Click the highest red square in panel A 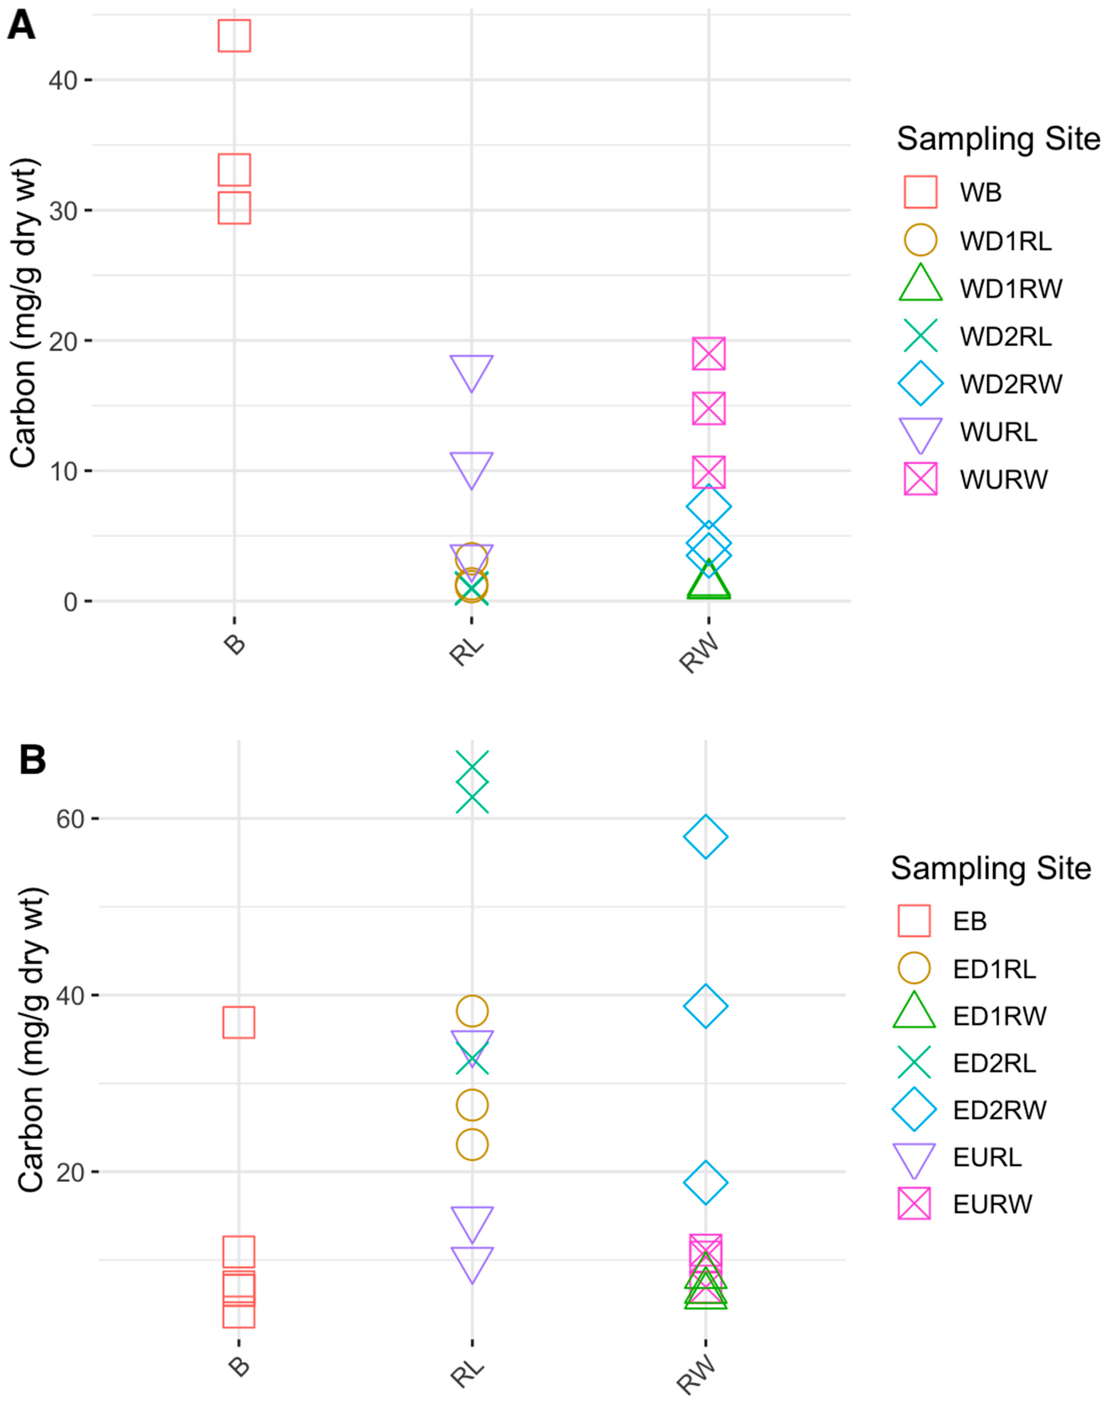click(234, 36)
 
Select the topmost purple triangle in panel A click(472, 371)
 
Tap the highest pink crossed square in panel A click(708, 354)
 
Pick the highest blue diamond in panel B click(705, 837)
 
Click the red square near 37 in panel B click(239, 1023)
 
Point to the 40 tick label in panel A click(63, 80)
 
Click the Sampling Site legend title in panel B click(991, 868)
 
